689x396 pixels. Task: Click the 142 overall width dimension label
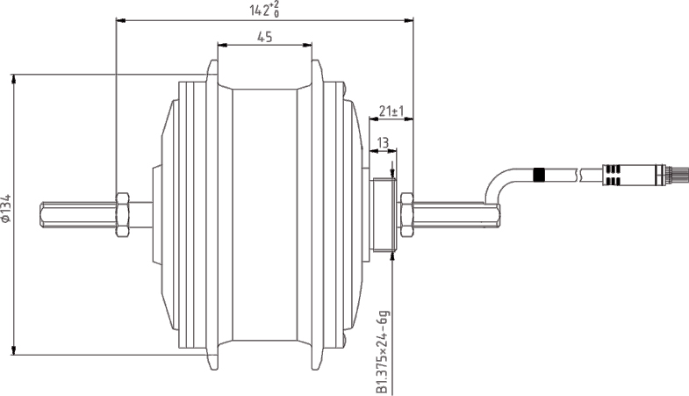[x=263, y=10]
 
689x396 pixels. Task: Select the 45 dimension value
[x=264, y=36]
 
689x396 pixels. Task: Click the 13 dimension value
[x=383, y=142]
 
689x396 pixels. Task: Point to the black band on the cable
[x=539, y=175]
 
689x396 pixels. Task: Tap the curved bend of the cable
[x=497, y=184]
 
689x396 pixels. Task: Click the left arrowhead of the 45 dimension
[x=220, y=44]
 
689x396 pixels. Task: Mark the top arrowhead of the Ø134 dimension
[x=14, y=79]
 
